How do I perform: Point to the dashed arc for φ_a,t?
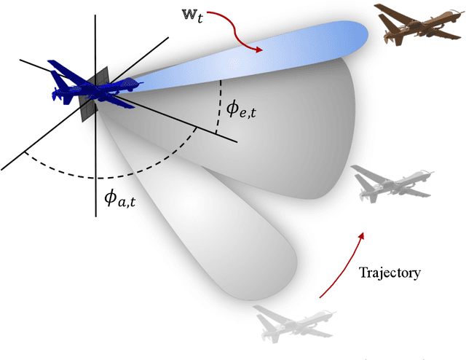pos(95,176)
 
